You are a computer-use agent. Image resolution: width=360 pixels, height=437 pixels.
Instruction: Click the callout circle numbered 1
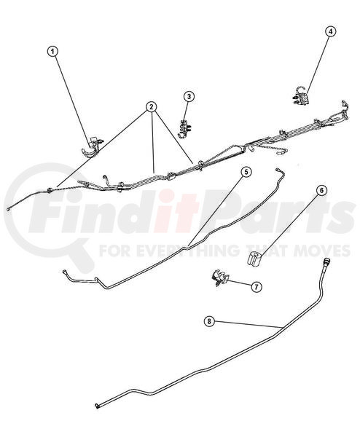pos(53,52)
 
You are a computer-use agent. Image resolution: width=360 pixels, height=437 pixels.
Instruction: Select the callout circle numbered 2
pos(152,107)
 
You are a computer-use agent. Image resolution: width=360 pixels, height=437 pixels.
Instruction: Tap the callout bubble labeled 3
pos(189,96)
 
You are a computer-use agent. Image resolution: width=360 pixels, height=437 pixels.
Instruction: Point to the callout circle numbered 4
pos(330,32)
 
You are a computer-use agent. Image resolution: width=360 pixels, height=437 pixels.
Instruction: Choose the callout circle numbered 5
pos(246,172)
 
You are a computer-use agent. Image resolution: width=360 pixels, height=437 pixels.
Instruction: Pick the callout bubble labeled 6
pos(321,190)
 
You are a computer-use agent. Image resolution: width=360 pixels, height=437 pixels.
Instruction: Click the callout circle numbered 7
pos(257,286)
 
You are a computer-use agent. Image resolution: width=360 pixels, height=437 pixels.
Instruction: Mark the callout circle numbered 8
pos(209,321)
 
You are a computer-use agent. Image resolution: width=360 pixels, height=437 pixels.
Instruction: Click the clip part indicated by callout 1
pos(92,147)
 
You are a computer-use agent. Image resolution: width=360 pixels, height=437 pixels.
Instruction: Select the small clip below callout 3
pos(184,128)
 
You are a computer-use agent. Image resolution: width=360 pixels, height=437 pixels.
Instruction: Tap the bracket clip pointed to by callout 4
pos(300,96)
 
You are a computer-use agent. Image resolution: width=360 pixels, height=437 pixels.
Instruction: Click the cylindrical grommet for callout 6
pos(254,259)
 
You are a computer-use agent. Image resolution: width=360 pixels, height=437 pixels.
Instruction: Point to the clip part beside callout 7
pos(220,277)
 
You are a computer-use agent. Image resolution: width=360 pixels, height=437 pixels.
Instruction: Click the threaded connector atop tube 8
pos(326,263)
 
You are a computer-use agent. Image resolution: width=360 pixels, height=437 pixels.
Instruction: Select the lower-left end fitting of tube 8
pos(98,406)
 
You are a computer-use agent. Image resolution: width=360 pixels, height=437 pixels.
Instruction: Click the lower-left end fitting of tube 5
pos(66,271)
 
